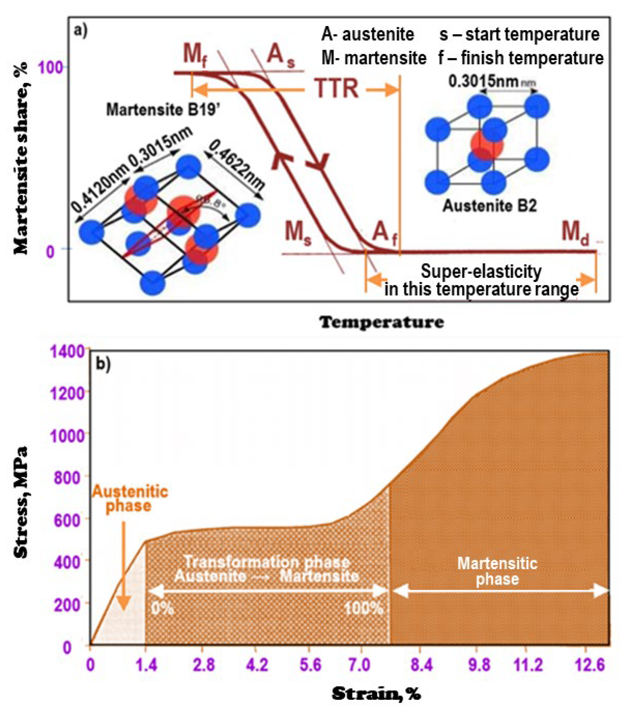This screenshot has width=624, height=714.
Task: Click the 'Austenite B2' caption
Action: [489, 206]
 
